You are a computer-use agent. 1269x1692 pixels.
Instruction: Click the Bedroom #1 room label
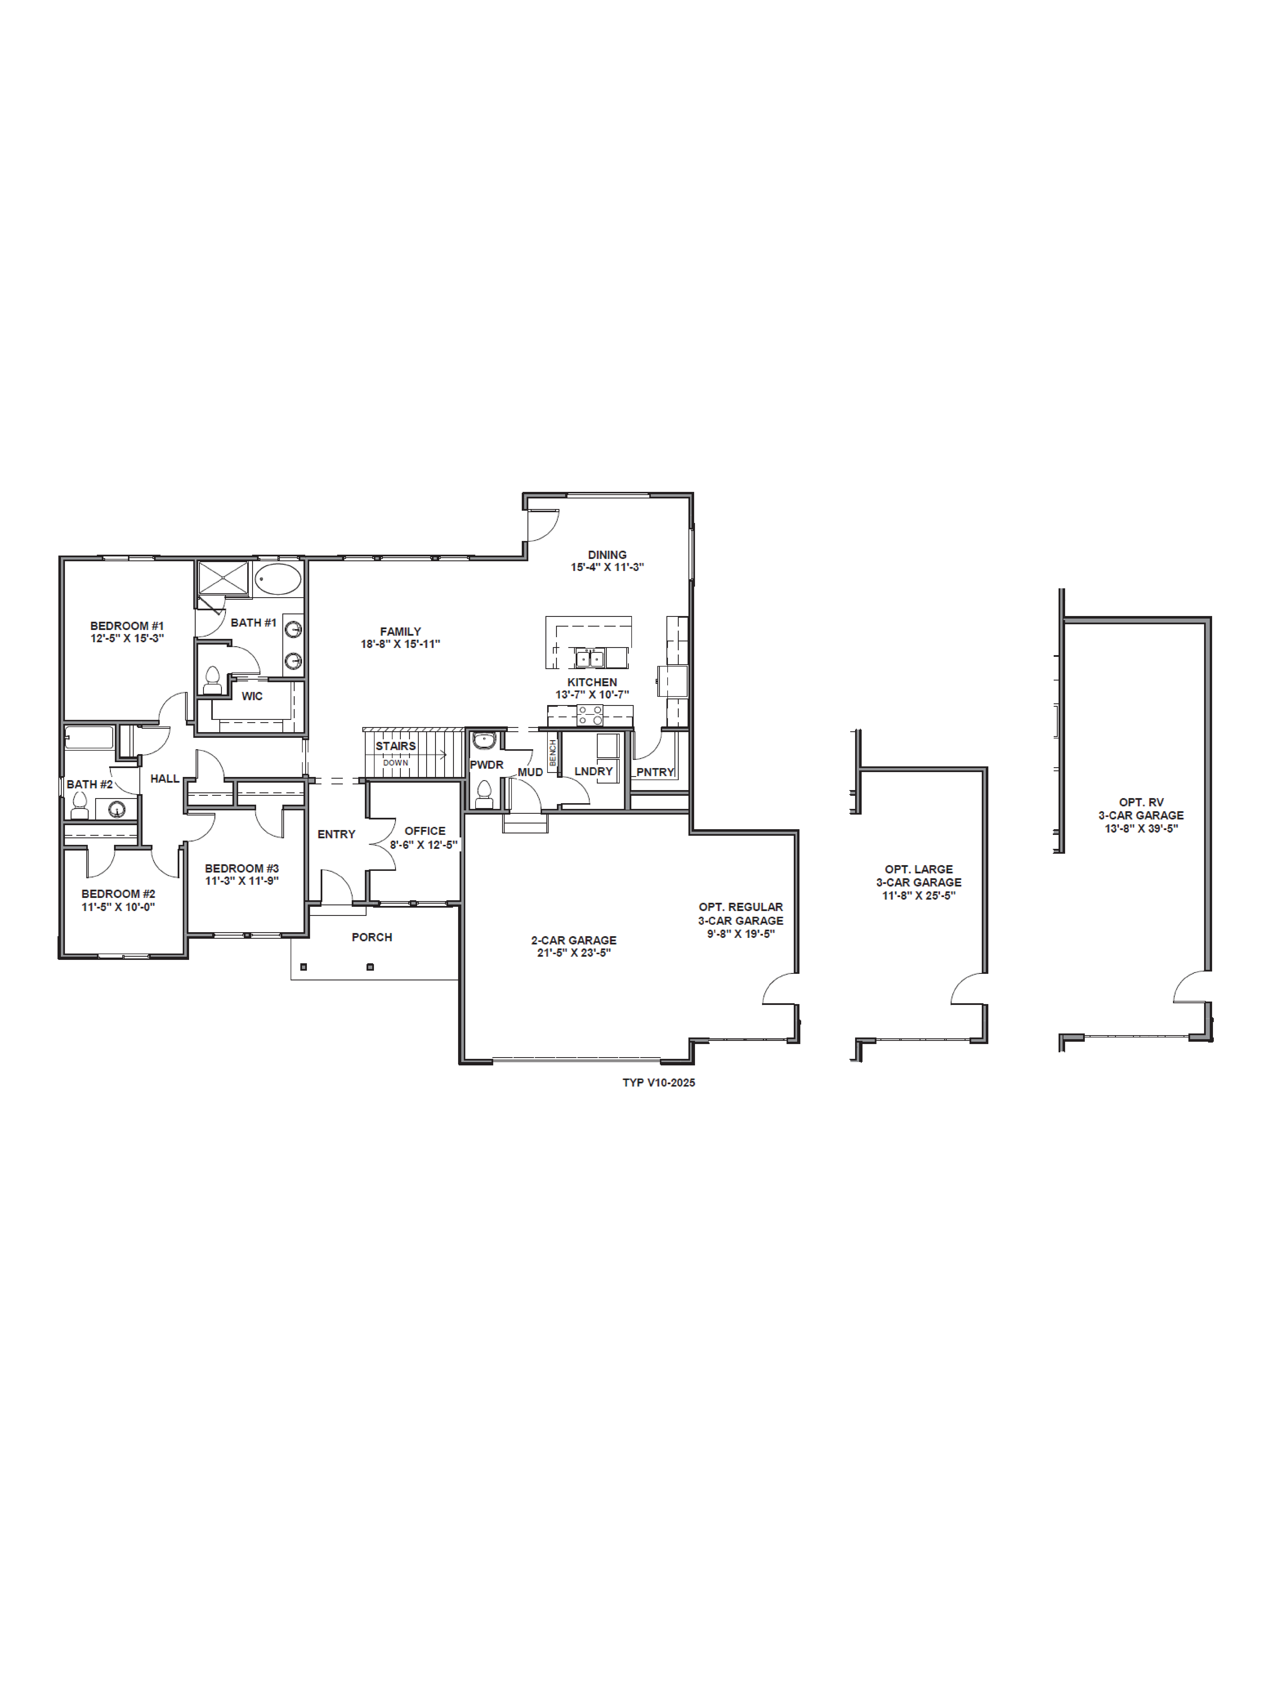pos(127,626)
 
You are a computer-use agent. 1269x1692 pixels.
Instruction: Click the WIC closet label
pos(252,696)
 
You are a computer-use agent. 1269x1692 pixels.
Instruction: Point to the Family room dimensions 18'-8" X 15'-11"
pos(400,644)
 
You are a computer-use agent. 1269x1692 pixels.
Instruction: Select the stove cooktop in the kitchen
pos(590,715)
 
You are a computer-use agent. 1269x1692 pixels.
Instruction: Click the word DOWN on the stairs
pos(396,763)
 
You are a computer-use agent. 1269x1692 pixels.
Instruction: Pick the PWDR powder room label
pos(486,765)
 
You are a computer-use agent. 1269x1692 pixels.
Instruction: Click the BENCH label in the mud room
pos(552,753)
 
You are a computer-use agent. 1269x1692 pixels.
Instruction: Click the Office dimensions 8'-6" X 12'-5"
pos(424,844)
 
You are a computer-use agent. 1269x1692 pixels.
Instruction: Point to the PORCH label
pos(372,937)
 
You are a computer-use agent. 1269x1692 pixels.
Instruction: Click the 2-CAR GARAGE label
pos(574,940)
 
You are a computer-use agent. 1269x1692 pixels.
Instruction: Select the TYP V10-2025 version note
pos(659,1082)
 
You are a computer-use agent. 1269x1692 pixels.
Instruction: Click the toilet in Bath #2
pos(80,806)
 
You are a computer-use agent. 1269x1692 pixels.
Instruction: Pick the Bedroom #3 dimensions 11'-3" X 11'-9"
pos(242,880)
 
